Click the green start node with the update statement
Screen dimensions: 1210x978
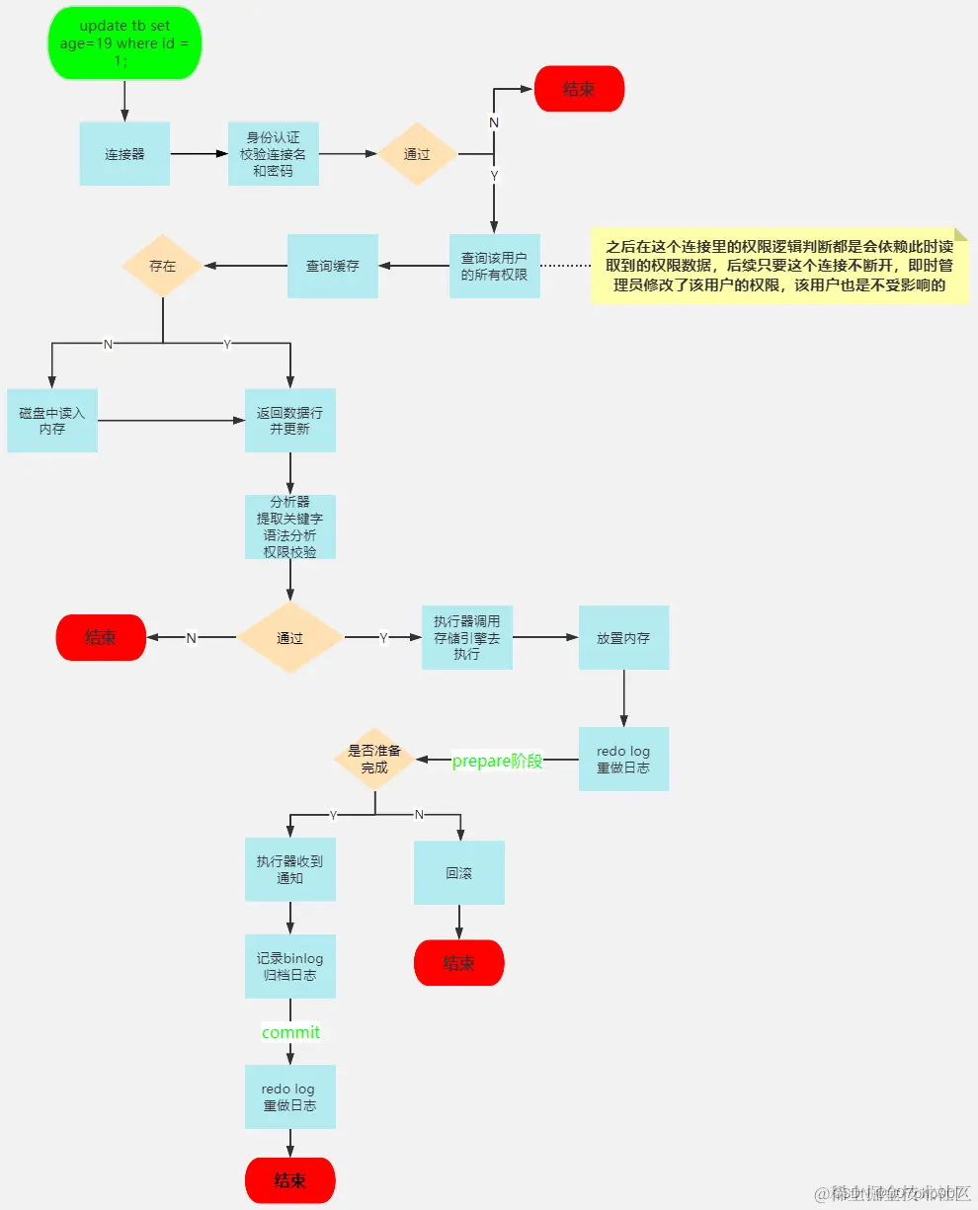[124, 44]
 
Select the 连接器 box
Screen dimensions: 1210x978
[124, 154]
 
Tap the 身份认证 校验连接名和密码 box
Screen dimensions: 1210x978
[273, 154]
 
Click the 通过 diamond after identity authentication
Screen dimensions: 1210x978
[418, 154]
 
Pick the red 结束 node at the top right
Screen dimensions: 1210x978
[579, 89]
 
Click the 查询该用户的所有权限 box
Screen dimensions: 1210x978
[494, 266]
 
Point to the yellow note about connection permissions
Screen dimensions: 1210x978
[778, 267]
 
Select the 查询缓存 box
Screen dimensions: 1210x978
[332, 266]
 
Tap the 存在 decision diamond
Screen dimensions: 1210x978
[162, 266]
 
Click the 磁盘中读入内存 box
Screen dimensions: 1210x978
[52, 421]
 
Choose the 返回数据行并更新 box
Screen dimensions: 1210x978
[289, 421]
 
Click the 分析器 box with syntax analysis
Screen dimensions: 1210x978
[289, 527]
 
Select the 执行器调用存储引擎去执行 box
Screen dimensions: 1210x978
[466, 638]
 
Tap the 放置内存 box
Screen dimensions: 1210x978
[623, 638]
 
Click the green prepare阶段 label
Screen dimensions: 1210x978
[497, 761]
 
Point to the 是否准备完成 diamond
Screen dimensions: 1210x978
[374, 760]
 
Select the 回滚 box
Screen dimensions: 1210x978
[458, 873]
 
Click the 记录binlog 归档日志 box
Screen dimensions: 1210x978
[289, 967]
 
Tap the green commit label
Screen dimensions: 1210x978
[290, 1032]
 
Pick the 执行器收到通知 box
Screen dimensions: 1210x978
[289, 869]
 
